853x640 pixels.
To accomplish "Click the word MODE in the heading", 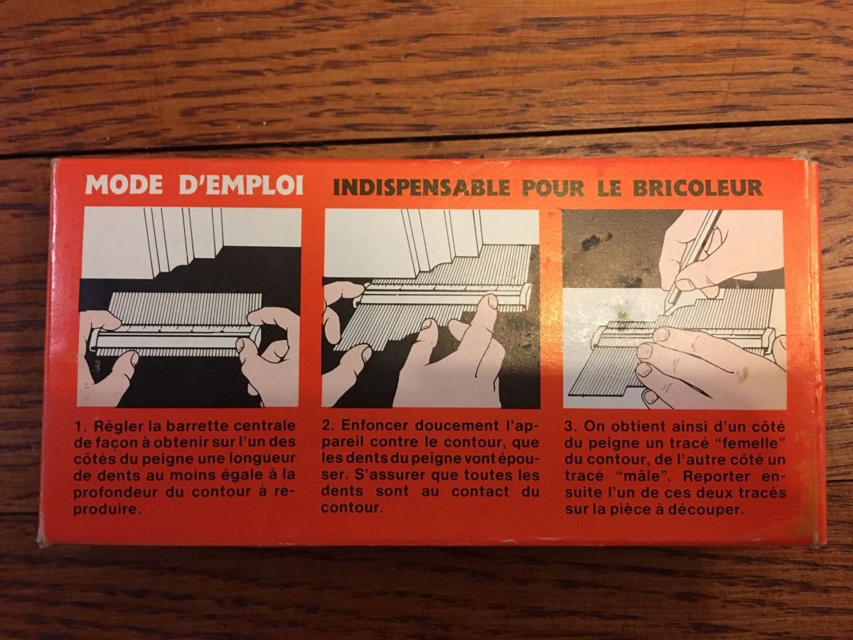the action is (124, 186).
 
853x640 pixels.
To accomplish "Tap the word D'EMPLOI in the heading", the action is (241, 186).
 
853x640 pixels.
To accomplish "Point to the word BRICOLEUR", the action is (697, 188).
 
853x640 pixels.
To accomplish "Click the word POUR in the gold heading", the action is (553, 188).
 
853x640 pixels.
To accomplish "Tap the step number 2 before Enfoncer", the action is (328, 425).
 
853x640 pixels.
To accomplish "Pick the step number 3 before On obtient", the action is (572, 427).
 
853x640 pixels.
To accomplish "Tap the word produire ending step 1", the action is (106, 509).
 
